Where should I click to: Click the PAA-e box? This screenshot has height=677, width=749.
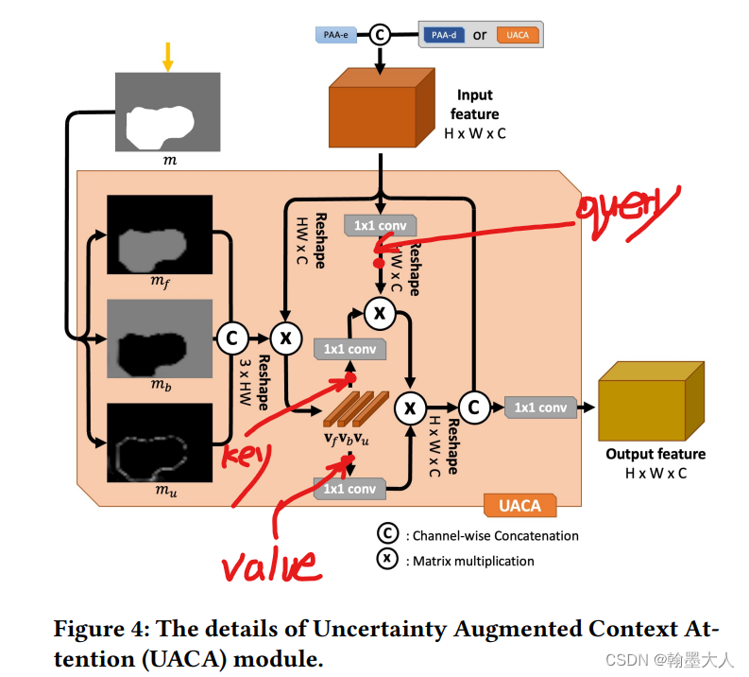click(336, 35)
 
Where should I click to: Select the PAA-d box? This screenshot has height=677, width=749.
click(444, 35)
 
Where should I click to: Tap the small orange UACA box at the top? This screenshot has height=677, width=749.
click(518, 35)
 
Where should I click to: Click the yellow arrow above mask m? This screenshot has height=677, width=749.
click(168, 57)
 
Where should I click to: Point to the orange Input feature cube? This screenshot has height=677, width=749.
click(382, 108)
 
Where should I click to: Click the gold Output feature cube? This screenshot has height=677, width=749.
click(651, 401)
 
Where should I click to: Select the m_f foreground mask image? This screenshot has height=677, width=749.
click(160, 234)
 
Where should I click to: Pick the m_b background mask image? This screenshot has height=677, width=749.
click(160, 338)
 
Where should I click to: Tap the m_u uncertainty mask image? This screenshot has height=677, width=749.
click(160, 443)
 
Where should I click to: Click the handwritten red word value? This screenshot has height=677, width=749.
click(270, 564)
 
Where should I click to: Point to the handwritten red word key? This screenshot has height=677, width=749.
click(246, 457)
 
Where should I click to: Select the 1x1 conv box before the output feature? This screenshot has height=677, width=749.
click(540, 408)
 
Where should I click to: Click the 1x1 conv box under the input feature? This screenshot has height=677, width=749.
click(381, 225)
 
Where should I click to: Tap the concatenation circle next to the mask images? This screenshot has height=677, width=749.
click(232, 338)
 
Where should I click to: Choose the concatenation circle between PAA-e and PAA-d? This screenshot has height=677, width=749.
click(381, 35)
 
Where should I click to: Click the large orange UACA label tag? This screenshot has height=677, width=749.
click(520, 505)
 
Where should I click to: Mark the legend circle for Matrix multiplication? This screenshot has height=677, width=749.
click(387, 559)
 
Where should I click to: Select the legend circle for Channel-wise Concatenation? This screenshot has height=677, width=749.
click(387, 533)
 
